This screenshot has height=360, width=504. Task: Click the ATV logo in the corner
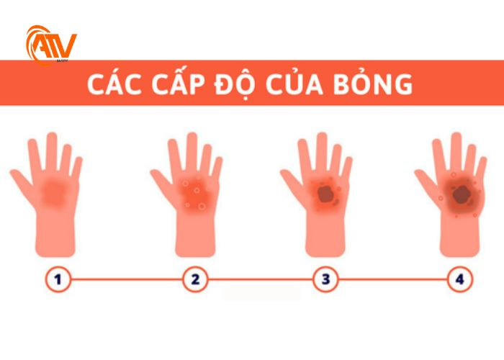(x=50, y=45)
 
